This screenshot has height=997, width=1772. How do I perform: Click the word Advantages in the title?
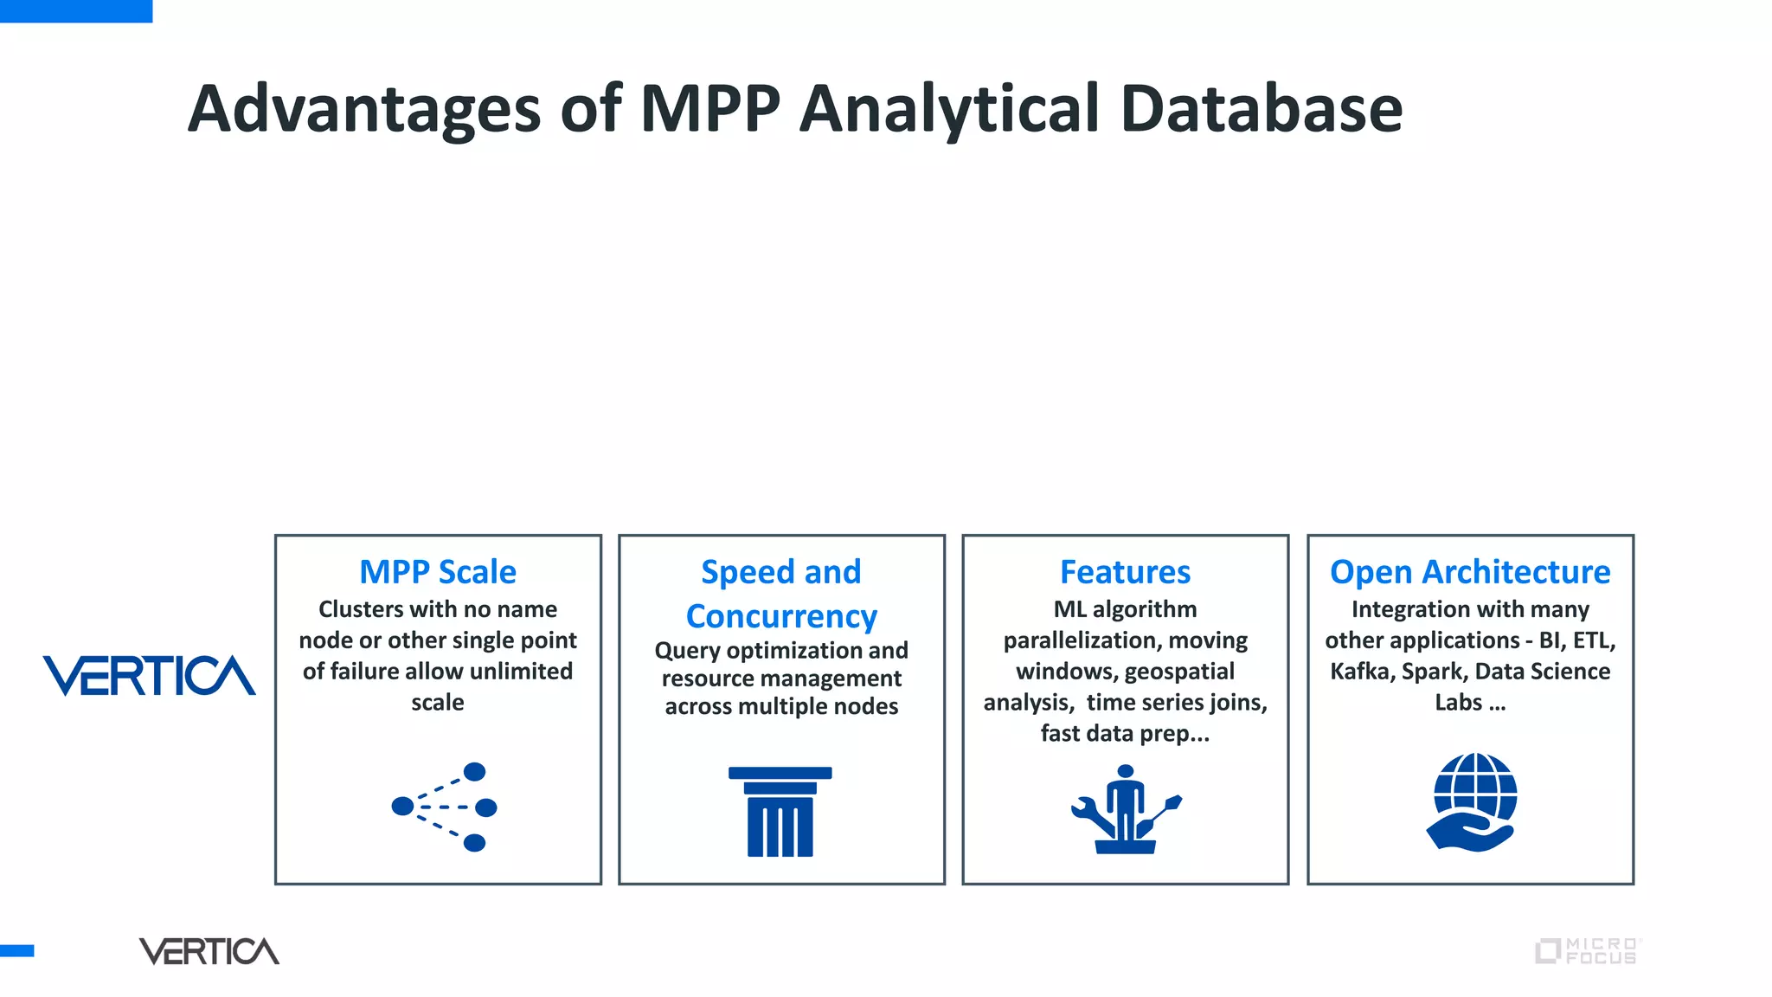(x=363, y=109)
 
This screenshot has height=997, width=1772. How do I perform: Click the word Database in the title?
(x=1261, y=109)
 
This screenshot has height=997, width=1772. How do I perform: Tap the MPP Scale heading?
(x=438, y=572)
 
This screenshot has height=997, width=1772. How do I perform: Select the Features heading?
(x=1125, y=572)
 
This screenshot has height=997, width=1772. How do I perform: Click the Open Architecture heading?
(x=1469, y=572)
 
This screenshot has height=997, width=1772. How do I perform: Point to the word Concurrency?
(x=781, y=616)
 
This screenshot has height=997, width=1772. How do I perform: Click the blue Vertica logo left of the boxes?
(x=149, y=676)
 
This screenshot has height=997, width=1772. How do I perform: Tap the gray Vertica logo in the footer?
(x=209, y=951)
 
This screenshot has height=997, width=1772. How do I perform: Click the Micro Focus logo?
(x=1587, y=951)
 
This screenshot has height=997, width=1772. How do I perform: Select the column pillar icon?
(x=780, y=811)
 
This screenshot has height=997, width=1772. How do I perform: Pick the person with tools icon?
(x=1125, y=809)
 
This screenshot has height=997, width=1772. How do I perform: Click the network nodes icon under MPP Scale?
(x=445, y=807)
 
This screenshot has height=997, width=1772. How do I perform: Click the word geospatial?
(x=1179, y=672)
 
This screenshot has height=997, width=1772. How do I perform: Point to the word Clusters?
(x=361, y=609)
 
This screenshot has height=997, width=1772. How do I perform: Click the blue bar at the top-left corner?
(x=76, y=10)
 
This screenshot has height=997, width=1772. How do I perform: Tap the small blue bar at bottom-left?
(x=16, y=950)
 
